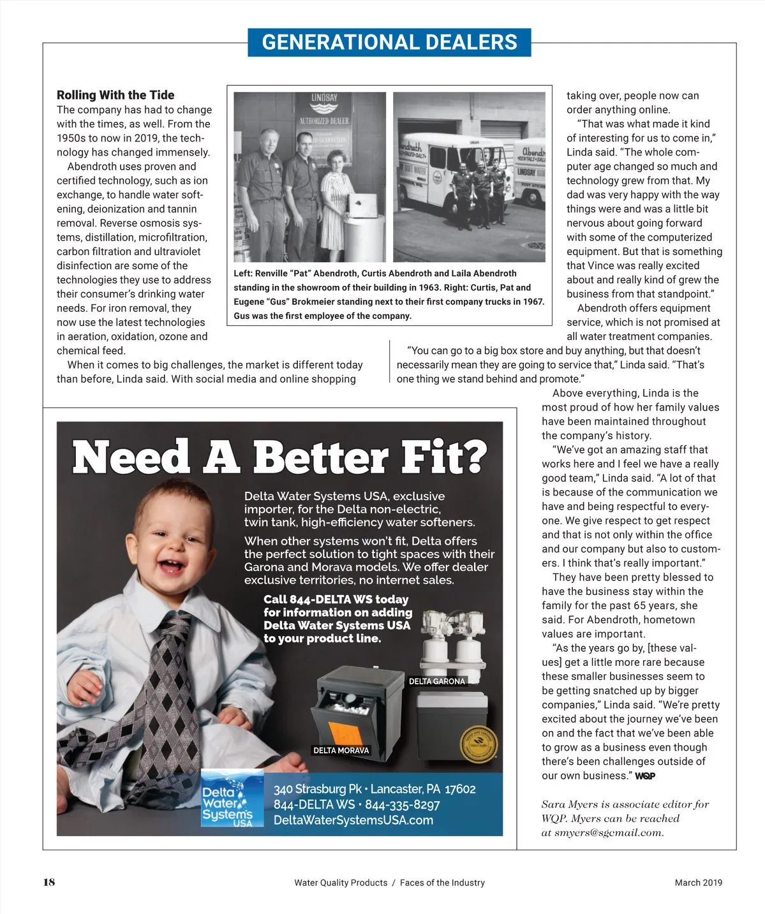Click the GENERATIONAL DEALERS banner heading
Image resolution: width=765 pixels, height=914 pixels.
click(389, 42)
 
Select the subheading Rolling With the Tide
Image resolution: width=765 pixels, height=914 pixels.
click(115, 95)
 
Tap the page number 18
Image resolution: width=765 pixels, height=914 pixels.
click(49, 882)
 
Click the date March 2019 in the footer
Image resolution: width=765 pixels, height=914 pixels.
click(698, 883)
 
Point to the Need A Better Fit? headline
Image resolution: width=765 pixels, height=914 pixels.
click(279, 457)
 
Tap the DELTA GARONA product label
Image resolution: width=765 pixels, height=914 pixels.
click(436, 681)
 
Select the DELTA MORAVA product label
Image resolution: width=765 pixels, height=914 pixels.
click(341, 750)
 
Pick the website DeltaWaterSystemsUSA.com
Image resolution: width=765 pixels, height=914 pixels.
click(353, 820)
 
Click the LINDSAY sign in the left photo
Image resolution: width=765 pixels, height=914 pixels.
click(324, 99)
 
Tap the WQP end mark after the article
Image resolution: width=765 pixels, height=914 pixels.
click(644, 776)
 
